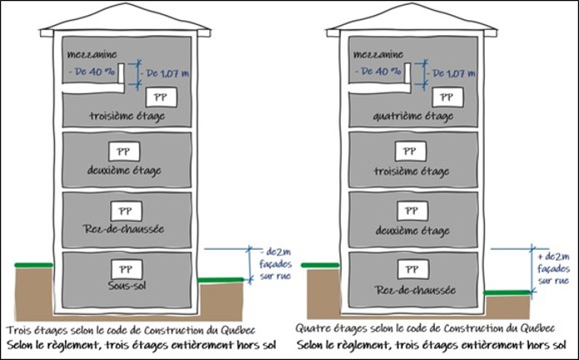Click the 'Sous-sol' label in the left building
pyautogui.click(x=125, y=286)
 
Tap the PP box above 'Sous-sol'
pyautogui.click(x=125, y=269)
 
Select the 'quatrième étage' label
pyautogui.click(x=408, y=116)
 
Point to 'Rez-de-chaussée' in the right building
pyautogui.click(x=408, y=290)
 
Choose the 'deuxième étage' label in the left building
pyautogui.click(x=125, y=170)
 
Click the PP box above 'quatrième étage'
pyautogui.click(x=446, y=97)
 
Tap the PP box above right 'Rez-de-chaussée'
pyautogui.click(x=408, y=270)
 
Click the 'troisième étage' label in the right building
pyautogui.click(x=408, y=170)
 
